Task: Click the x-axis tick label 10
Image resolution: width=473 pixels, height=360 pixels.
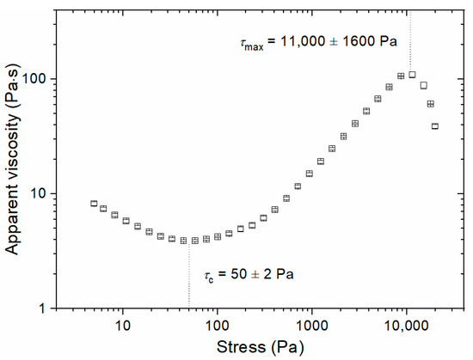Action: point(123,326)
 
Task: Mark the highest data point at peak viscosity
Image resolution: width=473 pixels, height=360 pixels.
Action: point(412,75)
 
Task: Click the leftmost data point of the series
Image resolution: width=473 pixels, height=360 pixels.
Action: point(94,204)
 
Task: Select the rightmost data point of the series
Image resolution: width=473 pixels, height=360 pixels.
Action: point(435,126)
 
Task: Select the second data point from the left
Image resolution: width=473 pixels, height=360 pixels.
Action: point(103,209)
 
